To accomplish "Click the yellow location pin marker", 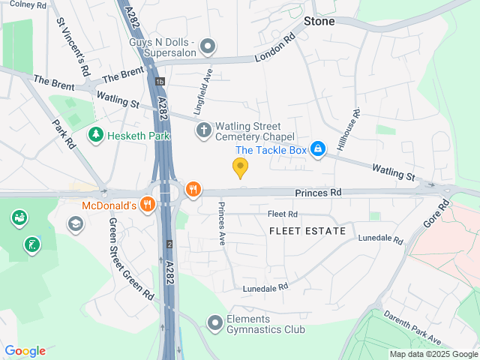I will click(x=240, y=167).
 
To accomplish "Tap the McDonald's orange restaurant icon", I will click(x=147, y=203).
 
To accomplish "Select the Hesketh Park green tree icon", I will click(x=95, y=135).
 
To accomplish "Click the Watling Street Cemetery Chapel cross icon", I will click(x=203, y=130).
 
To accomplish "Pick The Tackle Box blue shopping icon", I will click(x=318, y=149).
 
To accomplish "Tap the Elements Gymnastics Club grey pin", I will click(x=215, y=322).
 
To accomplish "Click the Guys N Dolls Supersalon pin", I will click(x=208, y=46).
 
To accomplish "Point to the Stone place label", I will click(x=319, y=21).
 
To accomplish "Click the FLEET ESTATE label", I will click(x=307, y=231).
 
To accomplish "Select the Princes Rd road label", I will click(x=318, y=193).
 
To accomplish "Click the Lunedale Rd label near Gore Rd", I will click(x=380, y=240).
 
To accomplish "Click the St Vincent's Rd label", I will click(x=73, y=46).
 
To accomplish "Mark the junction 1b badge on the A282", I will click(x=159, y=81).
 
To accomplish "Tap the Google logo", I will click(x=25, y=351).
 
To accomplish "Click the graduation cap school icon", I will click(x=76, y=223).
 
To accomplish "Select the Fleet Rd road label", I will click(x=283, y=214).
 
